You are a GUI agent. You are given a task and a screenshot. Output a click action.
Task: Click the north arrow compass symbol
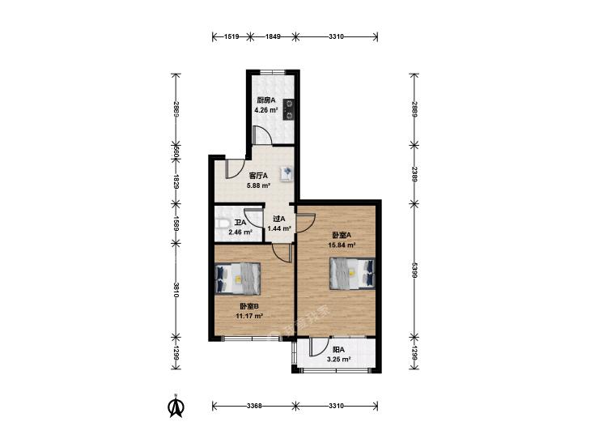(176, 406)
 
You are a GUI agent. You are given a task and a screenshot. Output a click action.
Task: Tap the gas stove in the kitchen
(289, 109)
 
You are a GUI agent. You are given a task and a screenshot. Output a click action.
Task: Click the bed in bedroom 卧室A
(352, 273)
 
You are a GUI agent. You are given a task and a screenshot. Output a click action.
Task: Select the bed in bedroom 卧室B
(238, 279)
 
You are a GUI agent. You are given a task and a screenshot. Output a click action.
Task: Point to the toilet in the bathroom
(222, 224)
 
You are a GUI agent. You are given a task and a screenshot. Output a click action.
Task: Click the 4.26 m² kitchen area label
(265, 110)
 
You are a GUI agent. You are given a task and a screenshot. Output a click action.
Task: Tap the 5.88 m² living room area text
(259, 185)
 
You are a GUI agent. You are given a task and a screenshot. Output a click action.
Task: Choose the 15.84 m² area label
(342, 245)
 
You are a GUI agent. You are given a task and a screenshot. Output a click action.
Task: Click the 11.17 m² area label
(249, 316)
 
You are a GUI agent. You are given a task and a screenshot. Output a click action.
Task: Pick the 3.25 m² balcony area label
(339, 360)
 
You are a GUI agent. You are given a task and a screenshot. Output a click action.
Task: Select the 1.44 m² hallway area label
(279, 228)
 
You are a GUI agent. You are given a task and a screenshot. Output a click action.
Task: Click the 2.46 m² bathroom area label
(240, 232)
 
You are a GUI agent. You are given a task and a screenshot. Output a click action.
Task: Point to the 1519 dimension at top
(231, 36)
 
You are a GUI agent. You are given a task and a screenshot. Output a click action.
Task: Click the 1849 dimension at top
(274, 36)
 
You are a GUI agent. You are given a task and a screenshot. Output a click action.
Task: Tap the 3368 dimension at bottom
(254, 406)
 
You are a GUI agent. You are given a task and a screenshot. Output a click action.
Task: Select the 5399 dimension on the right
(414, 270)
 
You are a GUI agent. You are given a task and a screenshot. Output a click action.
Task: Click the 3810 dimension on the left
(176, 290)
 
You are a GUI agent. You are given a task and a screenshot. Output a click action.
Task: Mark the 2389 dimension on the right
(414, 174)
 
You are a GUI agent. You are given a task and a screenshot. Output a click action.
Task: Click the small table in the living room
(287, 173)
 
